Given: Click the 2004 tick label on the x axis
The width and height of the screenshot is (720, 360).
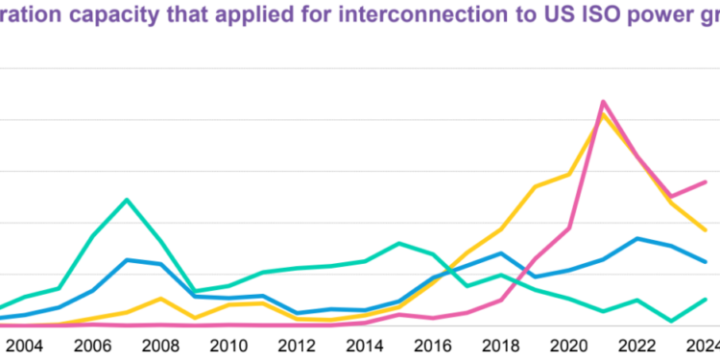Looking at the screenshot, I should pyautogui.click(x=26, y=347).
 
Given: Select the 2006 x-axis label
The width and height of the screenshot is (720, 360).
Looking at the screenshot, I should pyautogui.click(x=93, y=347).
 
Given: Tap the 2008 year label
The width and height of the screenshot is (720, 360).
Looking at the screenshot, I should pyautogui.click(x=160, y=347).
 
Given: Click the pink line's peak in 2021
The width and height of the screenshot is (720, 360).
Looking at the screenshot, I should pyautogui.click(x=602, y=101).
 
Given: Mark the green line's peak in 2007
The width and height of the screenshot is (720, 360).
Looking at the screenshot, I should pyautogui.click(x=127, y=200).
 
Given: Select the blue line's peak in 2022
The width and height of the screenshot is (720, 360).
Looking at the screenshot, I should pyautogui.click(x=636, y=238).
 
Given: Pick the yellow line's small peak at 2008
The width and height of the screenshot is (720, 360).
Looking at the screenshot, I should pyautogui.click(x=161, y=299).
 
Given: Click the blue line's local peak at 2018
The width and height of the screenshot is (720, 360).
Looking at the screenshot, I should pyautogui.click(x=500, y=253).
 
